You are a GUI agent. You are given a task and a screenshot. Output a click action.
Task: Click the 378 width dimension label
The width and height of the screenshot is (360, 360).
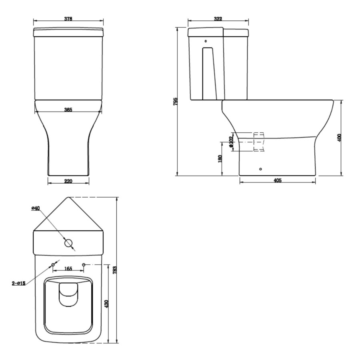point(68,19)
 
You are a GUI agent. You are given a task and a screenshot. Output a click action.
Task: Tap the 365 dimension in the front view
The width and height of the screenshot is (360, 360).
point(68,110)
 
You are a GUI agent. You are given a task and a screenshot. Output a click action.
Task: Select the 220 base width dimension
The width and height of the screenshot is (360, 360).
point(68,181)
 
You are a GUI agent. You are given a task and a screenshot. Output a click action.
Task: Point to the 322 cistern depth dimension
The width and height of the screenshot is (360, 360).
point(218,19)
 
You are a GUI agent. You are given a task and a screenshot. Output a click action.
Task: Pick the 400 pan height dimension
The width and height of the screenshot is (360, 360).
point(340,138)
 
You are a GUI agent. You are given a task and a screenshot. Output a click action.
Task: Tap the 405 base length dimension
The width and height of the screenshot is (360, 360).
point(278,180)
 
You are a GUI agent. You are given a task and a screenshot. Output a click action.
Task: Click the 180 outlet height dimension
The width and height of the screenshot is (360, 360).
point(220,159)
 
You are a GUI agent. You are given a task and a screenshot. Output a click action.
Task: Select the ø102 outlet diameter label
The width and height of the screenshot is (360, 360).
point(231,142)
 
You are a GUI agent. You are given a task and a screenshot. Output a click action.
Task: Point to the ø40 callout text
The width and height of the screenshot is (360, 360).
point(36,208)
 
